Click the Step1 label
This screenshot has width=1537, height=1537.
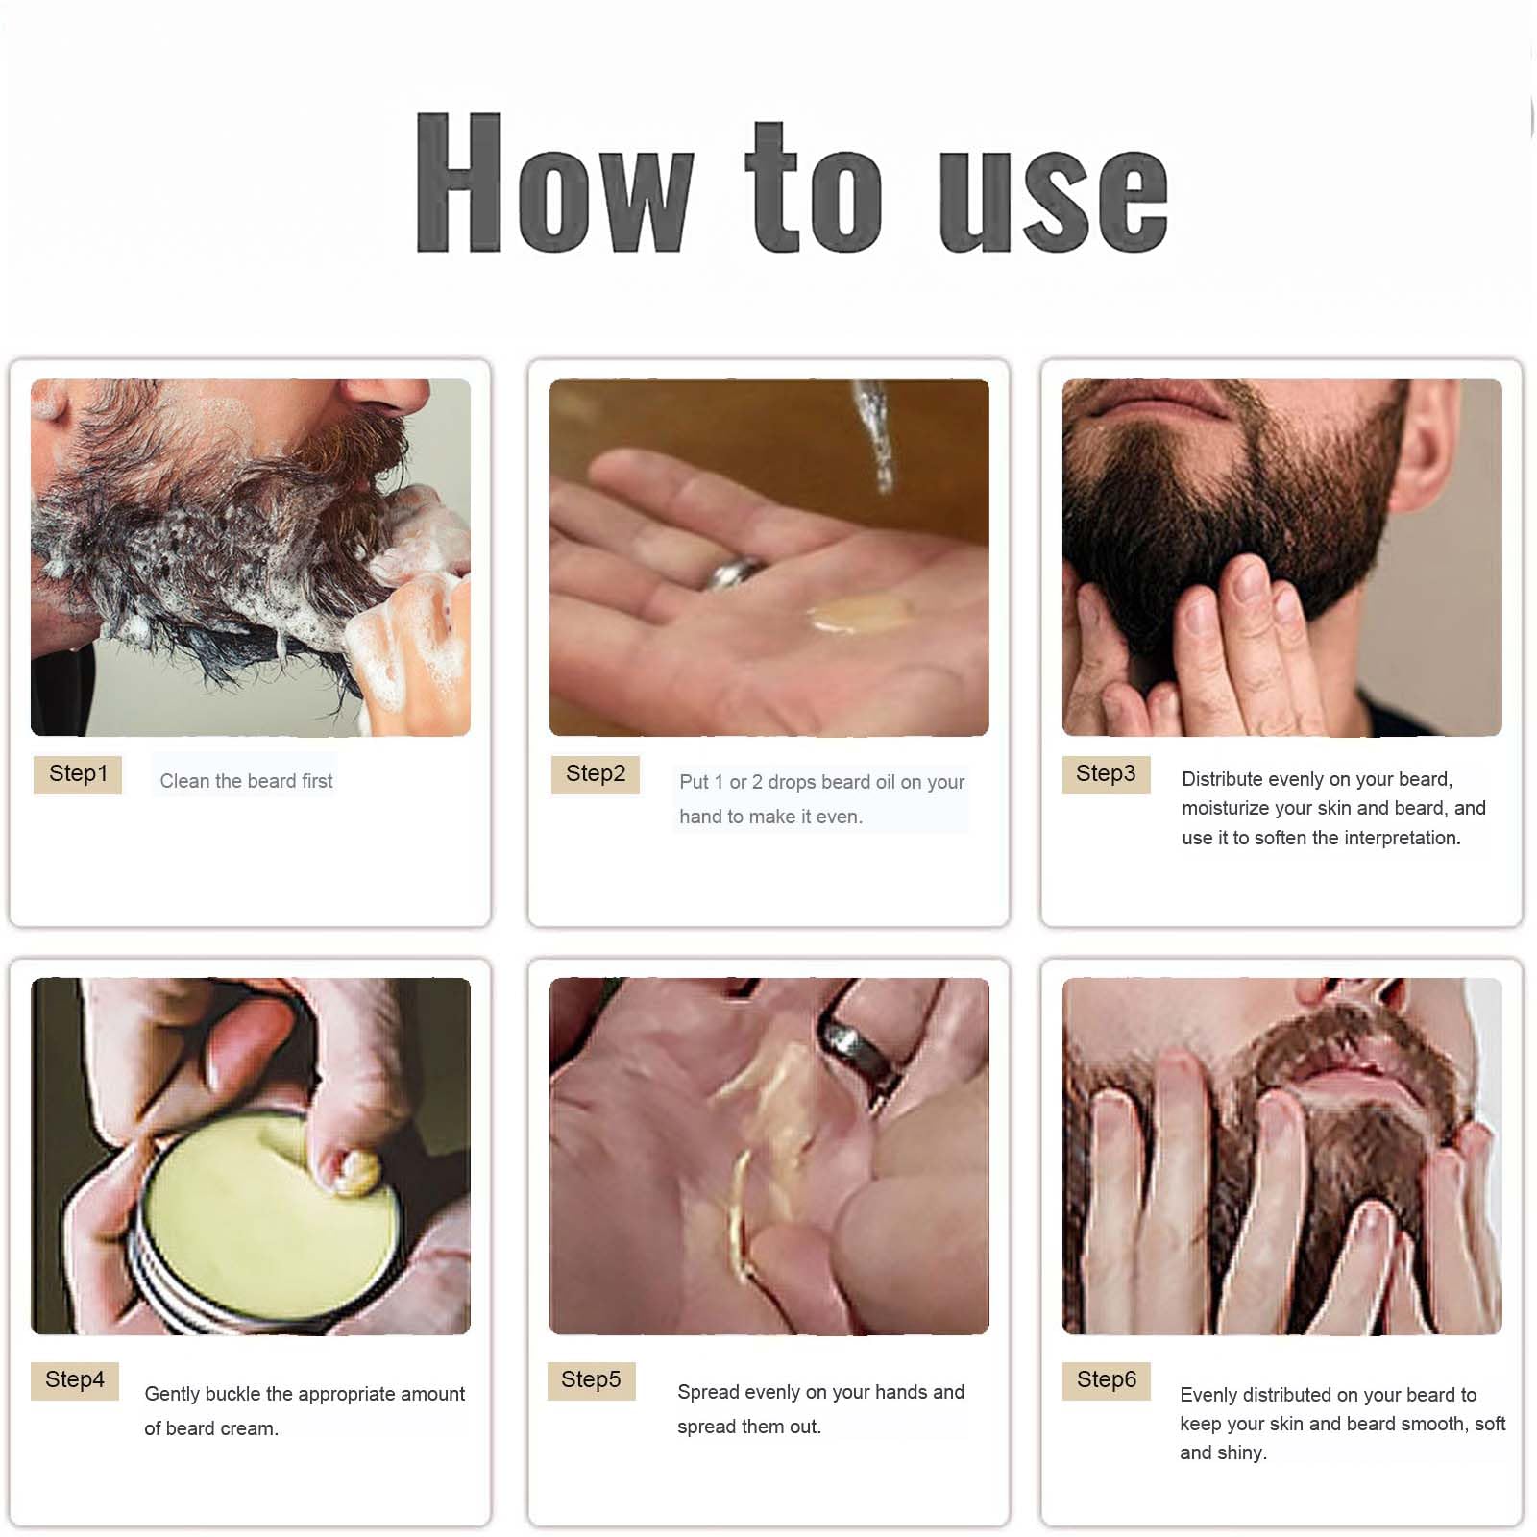pos(78,774)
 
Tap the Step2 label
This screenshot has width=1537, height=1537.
pos(596,774)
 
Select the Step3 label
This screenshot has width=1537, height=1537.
pos(1106,774)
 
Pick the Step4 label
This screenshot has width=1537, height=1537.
pos(75,1380)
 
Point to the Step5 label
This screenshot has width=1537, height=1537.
pos(591,1380)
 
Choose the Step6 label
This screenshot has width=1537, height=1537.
pos(1107,1380)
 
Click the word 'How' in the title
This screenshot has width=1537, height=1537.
pos(554,183)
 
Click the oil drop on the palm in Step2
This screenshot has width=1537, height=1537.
pos(861,613)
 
